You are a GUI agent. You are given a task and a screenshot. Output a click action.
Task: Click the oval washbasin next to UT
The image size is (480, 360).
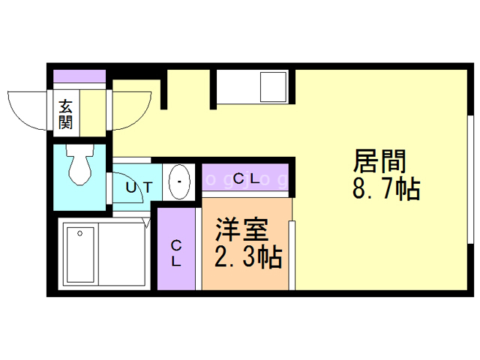point(179,181)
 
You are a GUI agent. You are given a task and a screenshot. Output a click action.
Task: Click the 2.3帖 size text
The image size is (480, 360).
point(248,257)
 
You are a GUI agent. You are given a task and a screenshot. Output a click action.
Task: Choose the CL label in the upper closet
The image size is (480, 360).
point(245,179)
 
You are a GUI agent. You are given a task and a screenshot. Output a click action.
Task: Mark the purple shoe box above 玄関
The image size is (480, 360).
point(79,76)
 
